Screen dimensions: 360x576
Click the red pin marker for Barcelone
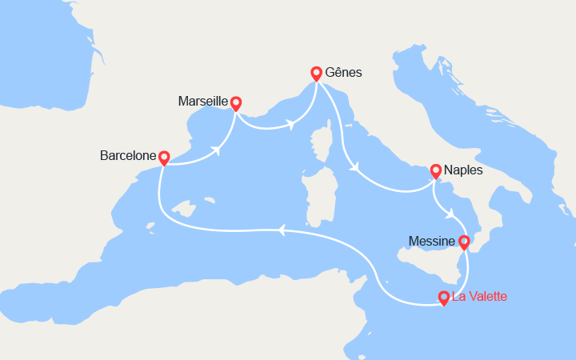164,158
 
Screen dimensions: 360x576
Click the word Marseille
203,102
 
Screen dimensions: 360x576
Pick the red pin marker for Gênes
316,73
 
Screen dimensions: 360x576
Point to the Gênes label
345,73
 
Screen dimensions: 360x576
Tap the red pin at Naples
436,170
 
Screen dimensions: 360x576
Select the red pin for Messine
464,241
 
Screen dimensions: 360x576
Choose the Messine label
432,241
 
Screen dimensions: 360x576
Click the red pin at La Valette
444,298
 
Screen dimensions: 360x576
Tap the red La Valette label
479,297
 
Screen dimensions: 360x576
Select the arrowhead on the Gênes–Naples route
354,167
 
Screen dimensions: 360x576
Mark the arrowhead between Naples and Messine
450,213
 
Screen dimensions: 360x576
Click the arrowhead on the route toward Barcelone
281,230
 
